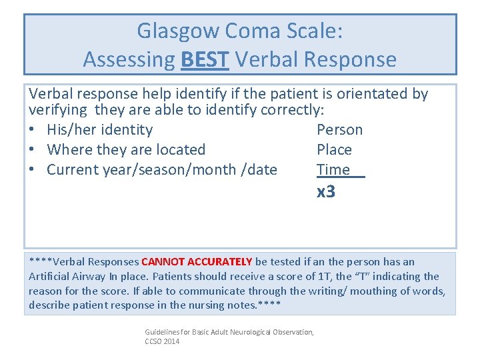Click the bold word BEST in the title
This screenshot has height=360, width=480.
[x=205, y=60]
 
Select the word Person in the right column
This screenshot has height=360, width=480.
[x=339, y=130]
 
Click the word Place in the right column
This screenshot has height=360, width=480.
[x=334, y=150]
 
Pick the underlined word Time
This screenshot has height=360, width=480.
[x=333, y=170]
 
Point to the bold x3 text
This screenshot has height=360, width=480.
[x=326, y=193]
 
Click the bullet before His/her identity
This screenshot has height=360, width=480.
[x=32, y=130]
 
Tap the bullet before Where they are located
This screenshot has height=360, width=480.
[x=32, y=150]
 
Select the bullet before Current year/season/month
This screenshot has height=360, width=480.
[x=32, y=170]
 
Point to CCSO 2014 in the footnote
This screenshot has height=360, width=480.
[x=162, y=341]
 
